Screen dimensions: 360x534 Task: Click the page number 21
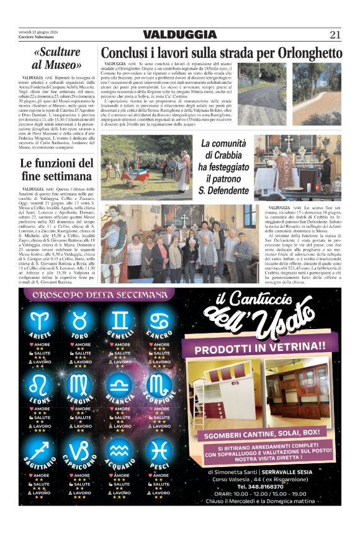pyautogui.click(x=335, y=35)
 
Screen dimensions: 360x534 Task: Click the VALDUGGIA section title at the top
pyautogui.click(x=180, y=35)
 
